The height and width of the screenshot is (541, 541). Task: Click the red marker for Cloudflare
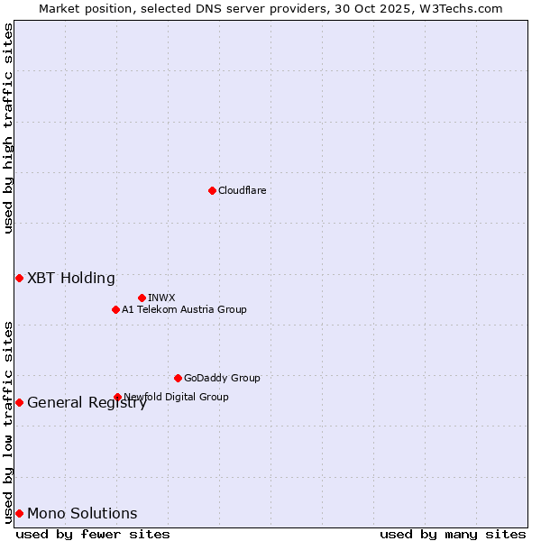[x=212, y=190]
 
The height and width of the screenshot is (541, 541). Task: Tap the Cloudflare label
[x=243, y=190]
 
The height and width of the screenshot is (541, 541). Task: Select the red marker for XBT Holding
[x=19, y=278]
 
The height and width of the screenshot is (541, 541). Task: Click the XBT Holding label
[x=71, y=278]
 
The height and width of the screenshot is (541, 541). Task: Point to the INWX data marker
[x=142, y=298]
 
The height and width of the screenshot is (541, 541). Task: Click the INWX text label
[x=161, y=298]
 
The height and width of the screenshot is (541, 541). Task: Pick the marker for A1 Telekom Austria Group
[x=115, y=309]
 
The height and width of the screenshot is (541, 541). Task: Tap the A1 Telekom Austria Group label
[x=184, y=309]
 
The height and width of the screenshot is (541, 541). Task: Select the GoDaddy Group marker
[x=178, y=378]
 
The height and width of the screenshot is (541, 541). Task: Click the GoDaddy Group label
[x=222, y=378]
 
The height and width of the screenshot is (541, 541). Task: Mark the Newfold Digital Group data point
[x=117, y=397]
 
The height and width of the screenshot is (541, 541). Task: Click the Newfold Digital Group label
[x=176, y=397]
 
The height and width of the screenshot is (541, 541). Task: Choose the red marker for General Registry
[x=19, y=402]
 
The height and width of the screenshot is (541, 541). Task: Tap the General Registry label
[x=87, y=403]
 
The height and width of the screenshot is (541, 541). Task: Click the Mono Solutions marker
[x=19, y=513]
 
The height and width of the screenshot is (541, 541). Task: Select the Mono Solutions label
[x=82, y=514]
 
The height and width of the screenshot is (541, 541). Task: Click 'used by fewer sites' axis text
[x=93, y=535]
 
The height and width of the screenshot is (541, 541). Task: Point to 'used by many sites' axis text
[x=453, y=535]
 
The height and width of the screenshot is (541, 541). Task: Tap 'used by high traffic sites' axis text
[x=8, y=128]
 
